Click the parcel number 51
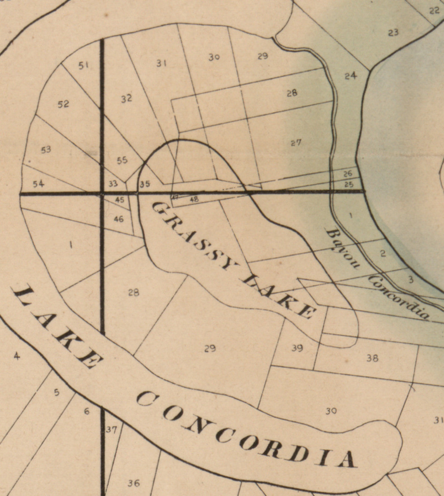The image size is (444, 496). point(83,66)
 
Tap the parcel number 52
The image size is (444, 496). point(63,104)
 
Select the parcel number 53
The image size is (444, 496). point(46,150)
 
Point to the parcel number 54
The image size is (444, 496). point(39,184)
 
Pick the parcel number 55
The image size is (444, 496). point(122,160)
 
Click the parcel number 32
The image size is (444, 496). point(126,98)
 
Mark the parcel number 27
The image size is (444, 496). point(296,143)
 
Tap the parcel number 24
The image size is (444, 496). point(351,76)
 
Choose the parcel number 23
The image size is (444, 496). point(393,33)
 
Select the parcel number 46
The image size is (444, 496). point(119,219)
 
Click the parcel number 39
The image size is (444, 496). point(297,348)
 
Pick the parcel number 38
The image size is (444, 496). point(372,358)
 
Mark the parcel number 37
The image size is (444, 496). point(112,429)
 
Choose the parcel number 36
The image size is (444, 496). point(133,483)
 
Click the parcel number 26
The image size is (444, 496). point(348,174)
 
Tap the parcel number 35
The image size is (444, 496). point(145,184)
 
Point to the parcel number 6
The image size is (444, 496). point(87,412)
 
